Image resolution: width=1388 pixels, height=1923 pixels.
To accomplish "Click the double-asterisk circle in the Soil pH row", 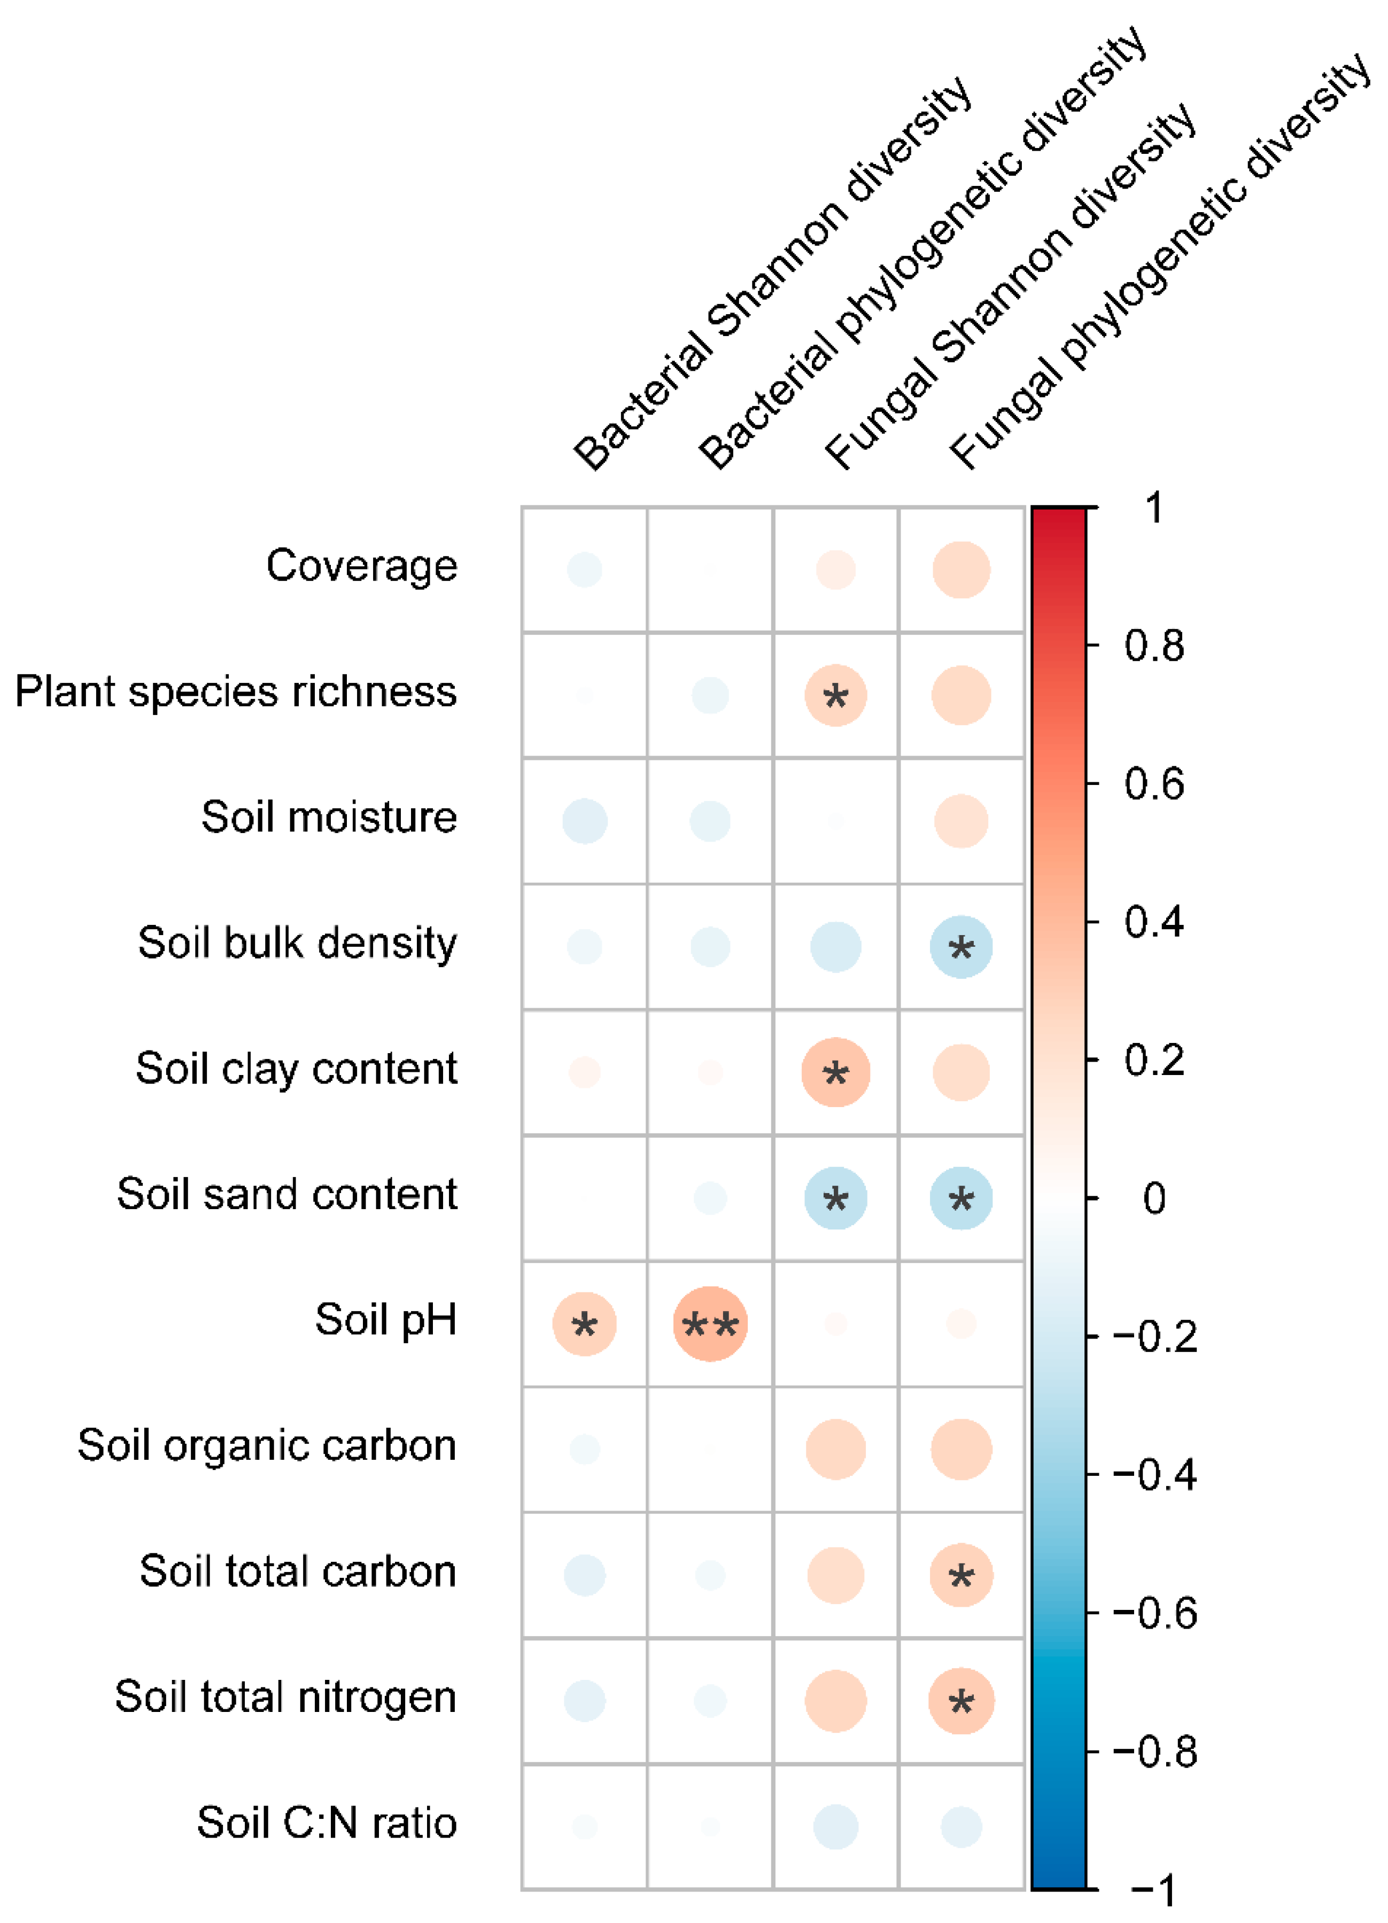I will (x=710, y=1323).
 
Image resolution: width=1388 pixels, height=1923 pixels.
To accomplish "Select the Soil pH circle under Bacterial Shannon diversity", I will (x=584, y=1323).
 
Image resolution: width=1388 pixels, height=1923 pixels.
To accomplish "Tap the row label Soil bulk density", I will (x=298, y=944).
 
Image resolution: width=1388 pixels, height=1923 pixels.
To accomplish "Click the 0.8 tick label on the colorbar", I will (x=1153, y=646).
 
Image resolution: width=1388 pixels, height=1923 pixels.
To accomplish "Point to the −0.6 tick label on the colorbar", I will (x=1155, y=1613).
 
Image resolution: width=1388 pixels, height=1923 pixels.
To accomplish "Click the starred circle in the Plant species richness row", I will (x=835, y=695).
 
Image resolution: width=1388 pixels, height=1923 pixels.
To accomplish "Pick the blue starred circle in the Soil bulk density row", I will (x=960, y=946).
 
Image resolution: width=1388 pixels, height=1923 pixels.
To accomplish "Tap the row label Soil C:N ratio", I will (x=327, y=1823).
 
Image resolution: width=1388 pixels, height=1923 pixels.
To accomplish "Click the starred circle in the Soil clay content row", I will (x=835, y=1072).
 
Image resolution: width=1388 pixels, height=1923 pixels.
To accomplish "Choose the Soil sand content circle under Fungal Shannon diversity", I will (x=835, y=1198).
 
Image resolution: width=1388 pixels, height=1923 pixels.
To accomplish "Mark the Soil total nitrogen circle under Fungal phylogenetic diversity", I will (x=960, y=1701).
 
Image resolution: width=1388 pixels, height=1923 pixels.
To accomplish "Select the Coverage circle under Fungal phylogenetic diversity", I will (x=960, y=570).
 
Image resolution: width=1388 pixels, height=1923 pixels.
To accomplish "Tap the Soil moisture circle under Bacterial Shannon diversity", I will (x=584, y=821).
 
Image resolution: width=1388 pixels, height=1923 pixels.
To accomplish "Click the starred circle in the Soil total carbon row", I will (x=960, y=1575).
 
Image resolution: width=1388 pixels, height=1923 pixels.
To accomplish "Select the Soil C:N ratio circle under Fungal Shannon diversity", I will (x=835, y=1826).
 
